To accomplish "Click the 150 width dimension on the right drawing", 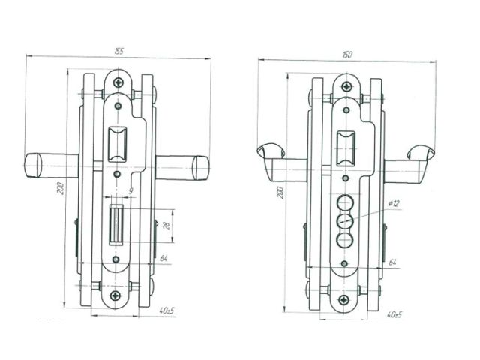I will click(x=347, y=55).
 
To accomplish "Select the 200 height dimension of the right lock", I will click(x=280, y=193).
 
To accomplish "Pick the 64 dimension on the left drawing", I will click(x=163, y=259).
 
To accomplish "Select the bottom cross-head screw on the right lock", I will click(x=345, y=298).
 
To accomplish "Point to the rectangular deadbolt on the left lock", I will click(x=117, y=223).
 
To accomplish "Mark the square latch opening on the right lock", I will click(x=346, y=147).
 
